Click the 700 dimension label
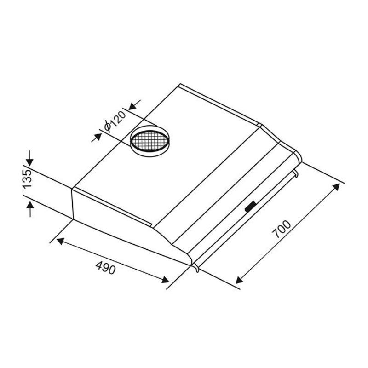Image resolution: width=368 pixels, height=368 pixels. (281, 229)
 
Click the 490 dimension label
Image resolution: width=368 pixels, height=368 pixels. (106, 268)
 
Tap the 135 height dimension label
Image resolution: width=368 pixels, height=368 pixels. (27, 178)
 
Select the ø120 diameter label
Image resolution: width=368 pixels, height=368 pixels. (115, 121)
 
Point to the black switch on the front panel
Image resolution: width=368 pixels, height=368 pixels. (251, 207)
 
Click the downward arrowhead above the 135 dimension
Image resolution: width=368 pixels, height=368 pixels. (30, 162)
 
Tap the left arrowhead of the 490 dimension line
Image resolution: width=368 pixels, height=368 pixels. (61, 241)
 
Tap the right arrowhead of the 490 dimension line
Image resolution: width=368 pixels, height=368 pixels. (165, 280)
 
